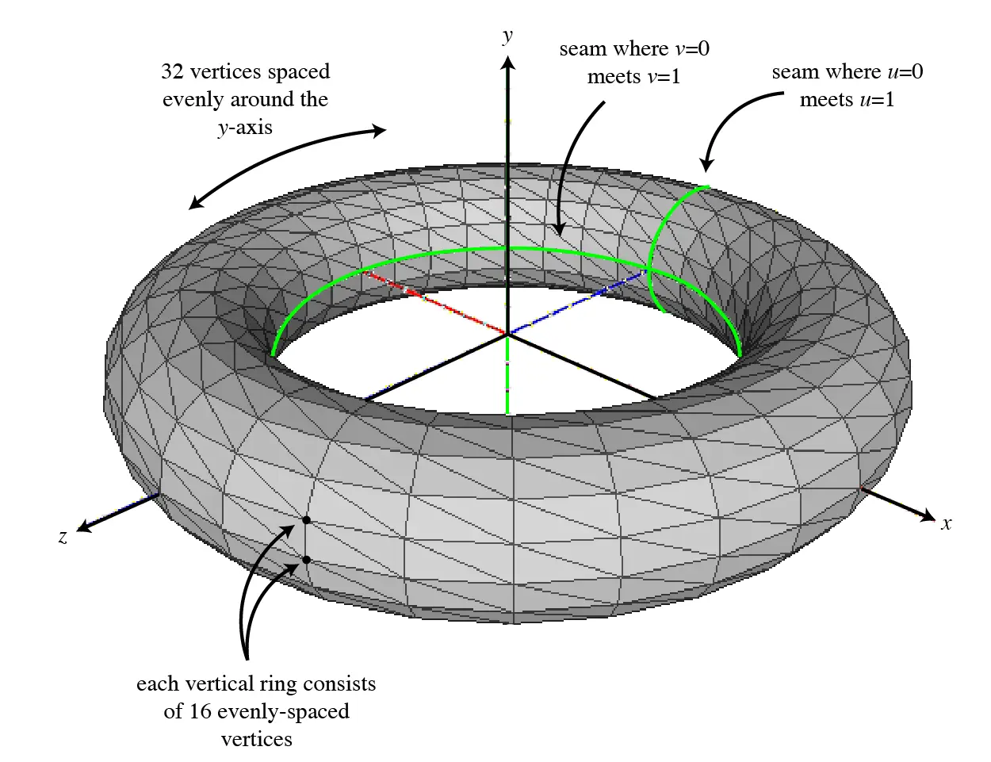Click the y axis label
click(507, 36)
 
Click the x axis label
click(946, 523)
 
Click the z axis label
click(63, 537)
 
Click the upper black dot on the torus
click(305, 520)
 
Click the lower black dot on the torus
click(305, 560)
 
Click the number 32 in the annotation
click(173, 71)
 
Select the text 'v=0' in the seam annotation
click(692, 49)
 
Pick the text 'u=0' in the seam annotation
click(905, 72)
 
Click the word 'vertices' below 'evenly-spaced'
click(256, 739)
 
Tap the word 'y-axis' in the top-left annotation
click(245, 127)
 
